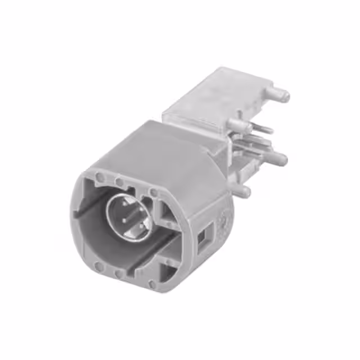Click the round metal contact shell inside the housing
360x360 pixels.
pos(128,214)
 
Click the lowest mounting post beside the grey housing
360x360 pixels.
pos(241,191)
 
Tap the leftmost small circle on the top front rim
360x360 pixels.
pos(100,177)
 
